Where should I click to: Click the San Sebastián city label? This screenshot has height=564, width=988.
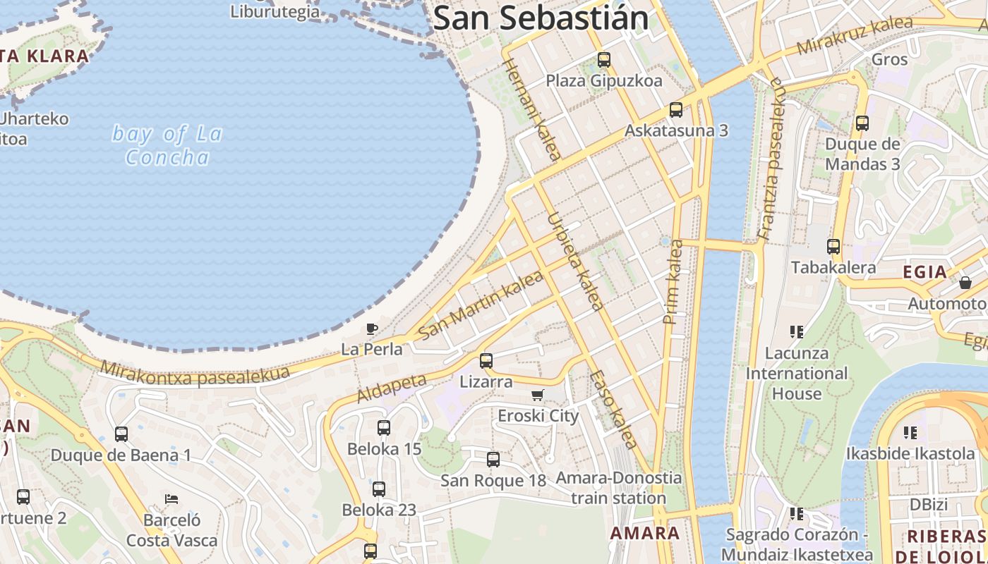pyautogui.click(x=541, y=18)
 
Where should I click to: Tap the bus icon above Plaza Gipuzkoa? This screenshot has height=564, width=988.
pyautogui.click(x=603, y=60)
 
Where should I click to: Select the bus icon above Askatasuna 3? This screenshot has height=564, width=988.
pyautogui.click(x=675, y=110)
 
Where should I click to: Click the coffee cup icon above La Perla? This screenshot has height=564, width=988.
pyautogui.click(x=372, y=329)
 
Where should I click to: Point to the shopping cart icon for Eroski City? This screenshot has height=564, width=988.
pyautogui.click(x=538, y=395)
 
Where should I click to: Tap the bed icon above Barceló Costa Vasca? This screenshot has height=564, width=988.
pyautogui.click(x=171, y=499)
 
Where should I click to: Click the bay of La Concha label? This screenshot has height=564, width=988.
pyautogui.click(x=167, y=145)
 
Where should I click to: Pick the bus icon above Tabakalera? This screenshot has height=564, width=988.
pyautogui.click(x=833, y=247)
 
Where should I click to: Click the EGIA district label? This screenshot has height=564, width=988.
pyautogui.click(x=924, y=272)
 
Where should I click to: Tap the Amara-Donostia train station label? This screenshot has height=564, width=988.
pyautogui.click(x=618, y=488)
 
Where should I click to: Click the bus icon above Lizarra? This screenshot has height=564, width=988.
pyautogui.click(x=486, y=361)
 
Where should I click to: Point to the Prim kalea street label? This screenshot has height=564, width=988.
pyautogui.click(x=673, y=282)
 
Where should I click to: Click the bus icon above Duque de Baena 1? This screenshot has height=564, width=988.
pyautogui.click(x=121, y=434)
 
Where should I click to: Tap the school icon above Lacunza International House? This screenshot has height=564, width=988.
pyautogui.click(x=797, y=331)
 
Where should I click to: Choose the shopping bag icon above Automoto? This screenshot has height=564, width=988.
pyautogui.click(x=965, y=283)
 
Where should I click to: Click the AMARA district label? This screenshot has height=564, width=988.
pyautogui.click(x=645, y=533)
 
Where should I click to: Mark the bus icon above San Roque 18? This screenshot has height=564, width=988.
pyautogui.click(x=493, y=460)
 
